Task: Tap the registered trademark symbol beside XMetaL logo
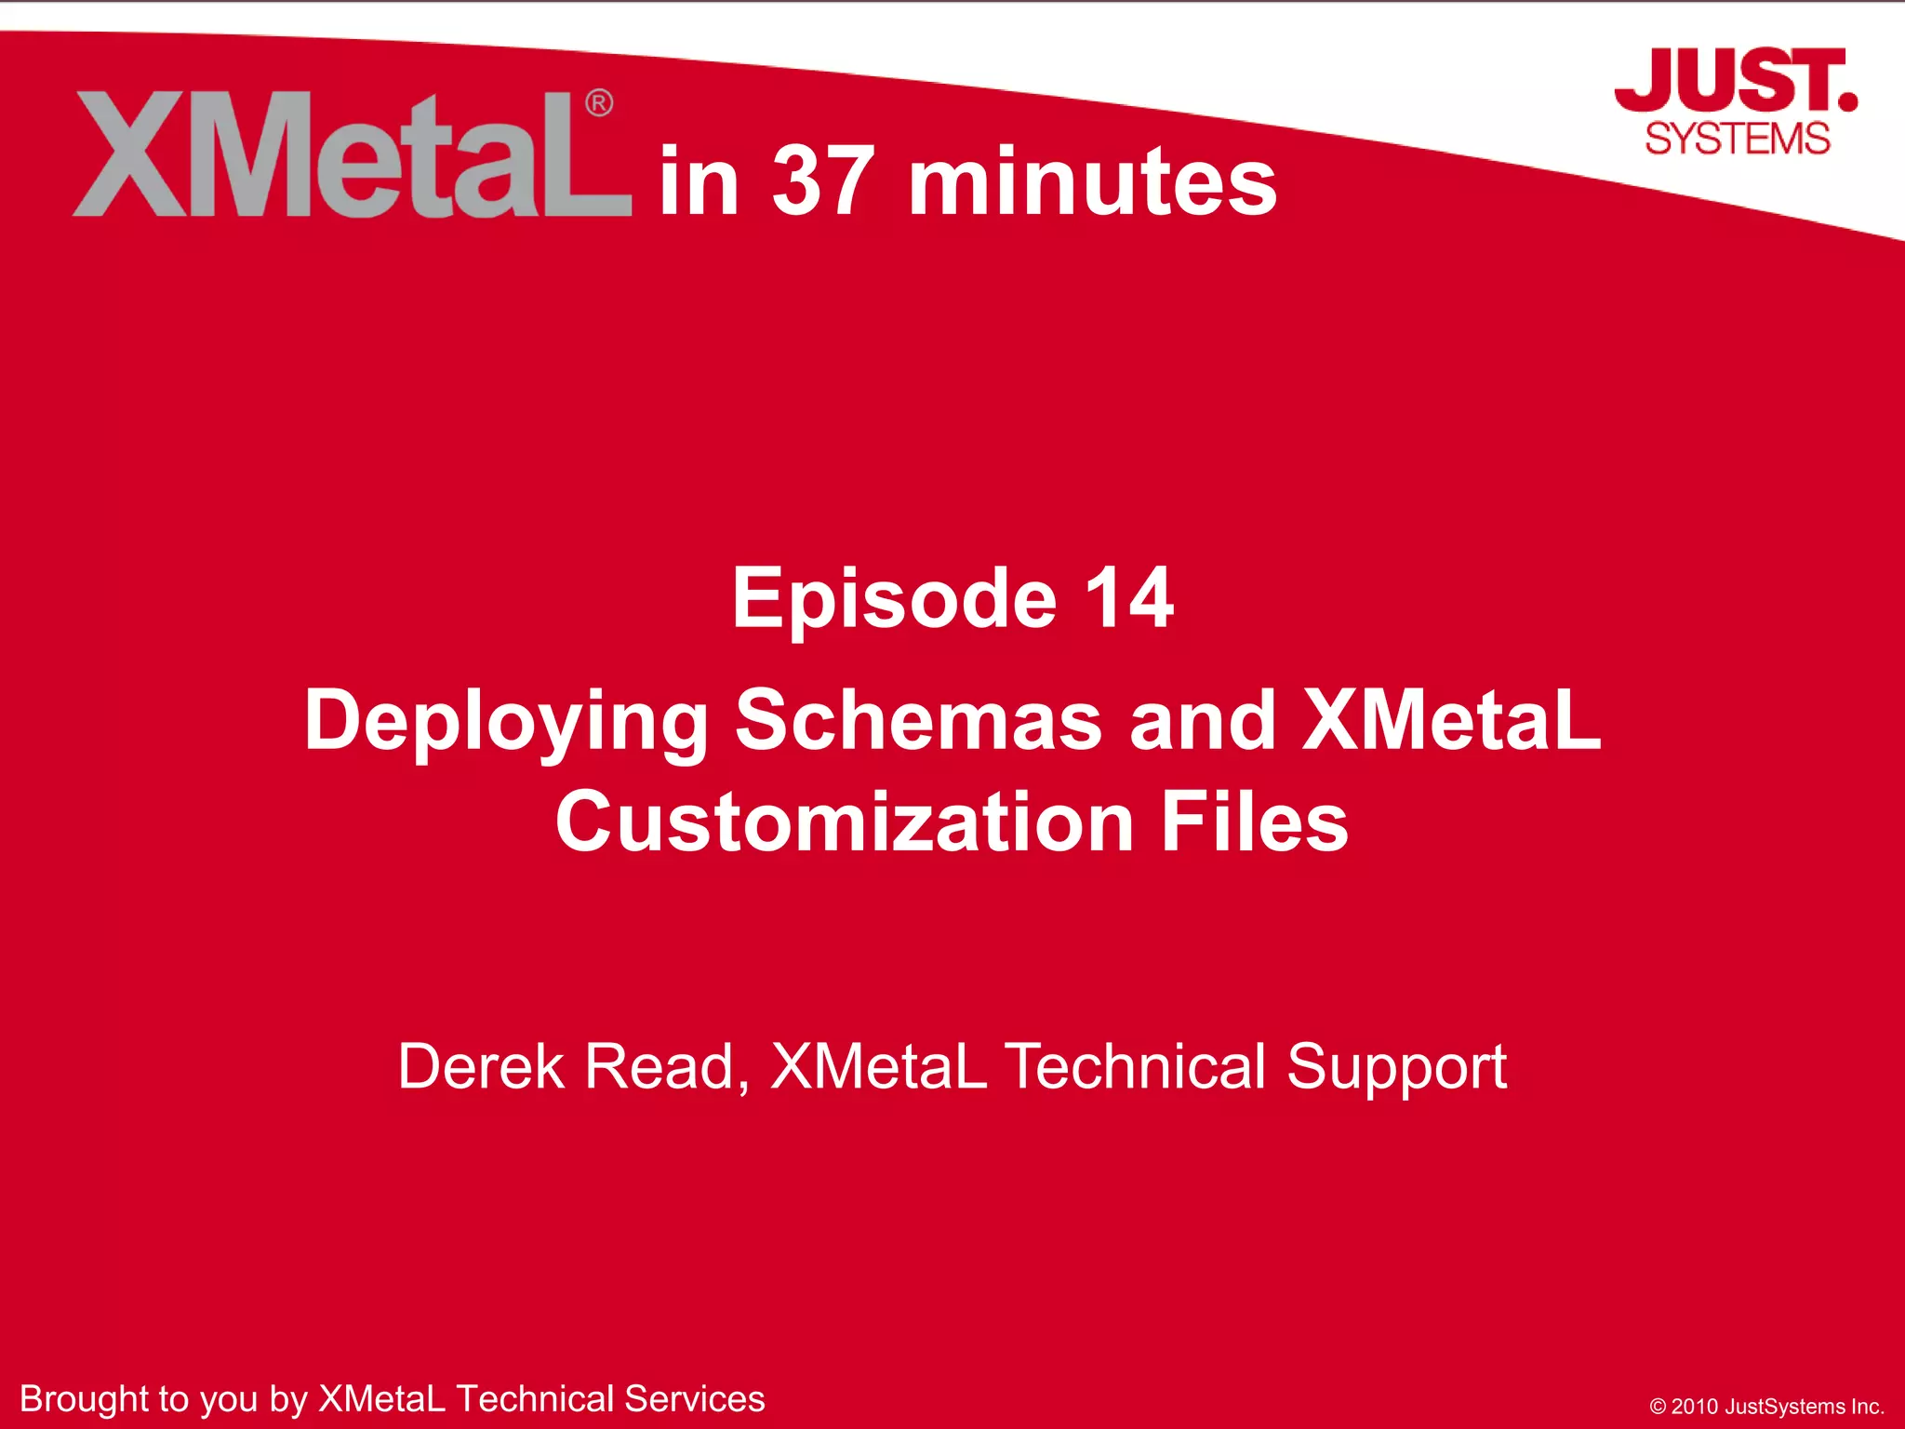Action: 599,102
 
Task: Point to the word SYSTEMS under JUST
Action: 1738,139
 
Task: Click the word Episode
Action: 894,598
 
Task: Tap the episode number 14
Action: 1128,598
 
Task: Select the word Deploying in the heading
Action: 507,722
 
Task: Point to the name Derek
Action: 481,1066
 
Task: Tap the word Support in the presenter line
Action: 1396,1068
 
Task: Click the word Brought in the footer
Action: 85,1399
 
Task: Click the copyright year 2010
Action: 1695,1407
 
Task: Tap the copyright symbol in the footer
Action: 1658,1407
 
